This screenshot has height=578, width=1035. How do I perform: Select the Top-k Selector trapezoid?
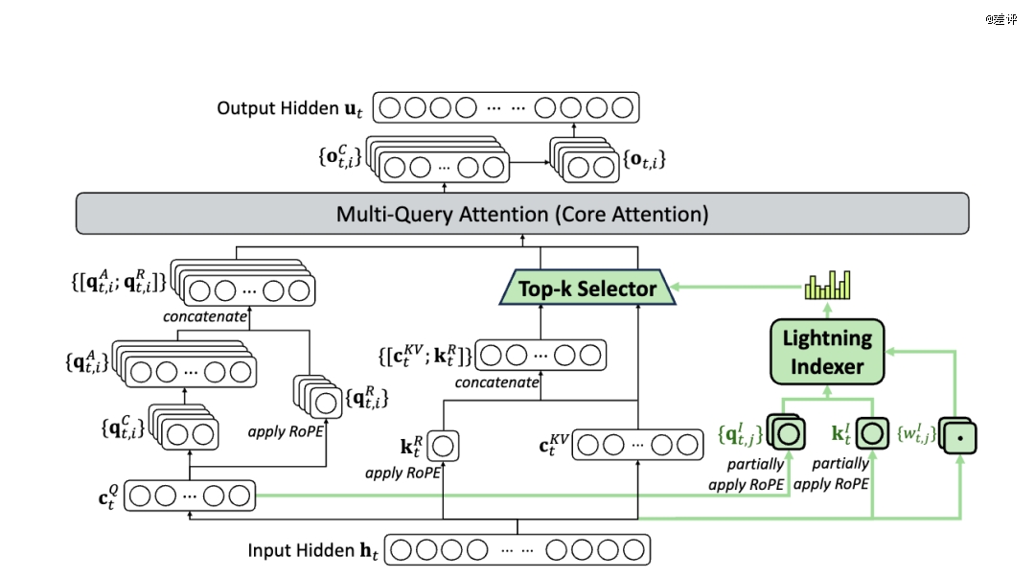[x=588, y=288]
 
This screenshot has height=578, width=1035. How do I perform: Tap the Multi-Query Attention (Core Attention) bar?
[x=522, y=214]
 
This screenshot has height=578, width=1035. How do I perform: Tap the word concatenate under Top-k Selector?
[x=497, y=382]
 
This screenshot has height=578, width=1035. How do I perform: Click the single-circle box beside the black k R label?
[x=444, y=446]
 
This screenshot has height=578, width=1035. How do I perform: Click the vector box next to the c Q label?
[x=190, y=496]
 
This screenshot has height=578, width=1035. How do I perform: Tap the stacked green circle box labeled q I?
[x=787, y=433]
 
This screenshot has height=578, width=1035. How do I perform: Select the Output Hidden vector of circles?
[x=505, y=107]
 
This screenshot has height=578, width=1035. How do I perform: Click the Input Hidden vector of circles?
[x=517, y=550]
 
